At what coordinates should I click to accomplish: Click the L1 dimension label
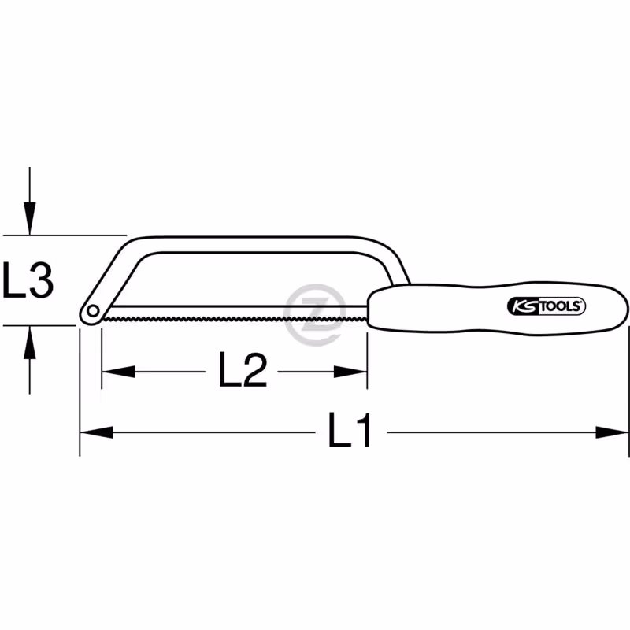click(x=349, y=430)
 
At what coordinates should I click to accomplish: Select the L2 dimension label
click(x=243, y=369)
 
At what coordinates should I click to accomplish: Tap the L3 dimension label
click(x=28, y=280)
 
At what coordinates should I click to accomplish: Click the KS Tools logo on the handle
click(x=546, y=306)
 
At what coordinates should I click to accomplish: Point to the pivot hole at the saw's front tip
click(x=93, y=310)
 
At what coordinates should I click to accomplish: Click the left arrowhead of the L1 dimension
click(x=96, y=432)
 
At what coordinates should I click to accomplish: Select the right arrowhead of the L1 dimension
click(x=612, y=432)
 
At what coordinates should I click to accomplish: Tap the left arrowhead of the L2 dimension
click(x=118, y=372)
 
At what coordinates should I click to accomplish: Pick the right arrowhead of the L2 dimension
click(x=350, y=372)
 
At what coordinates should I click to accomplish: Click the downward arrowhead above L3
click(x=29, y=218)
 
